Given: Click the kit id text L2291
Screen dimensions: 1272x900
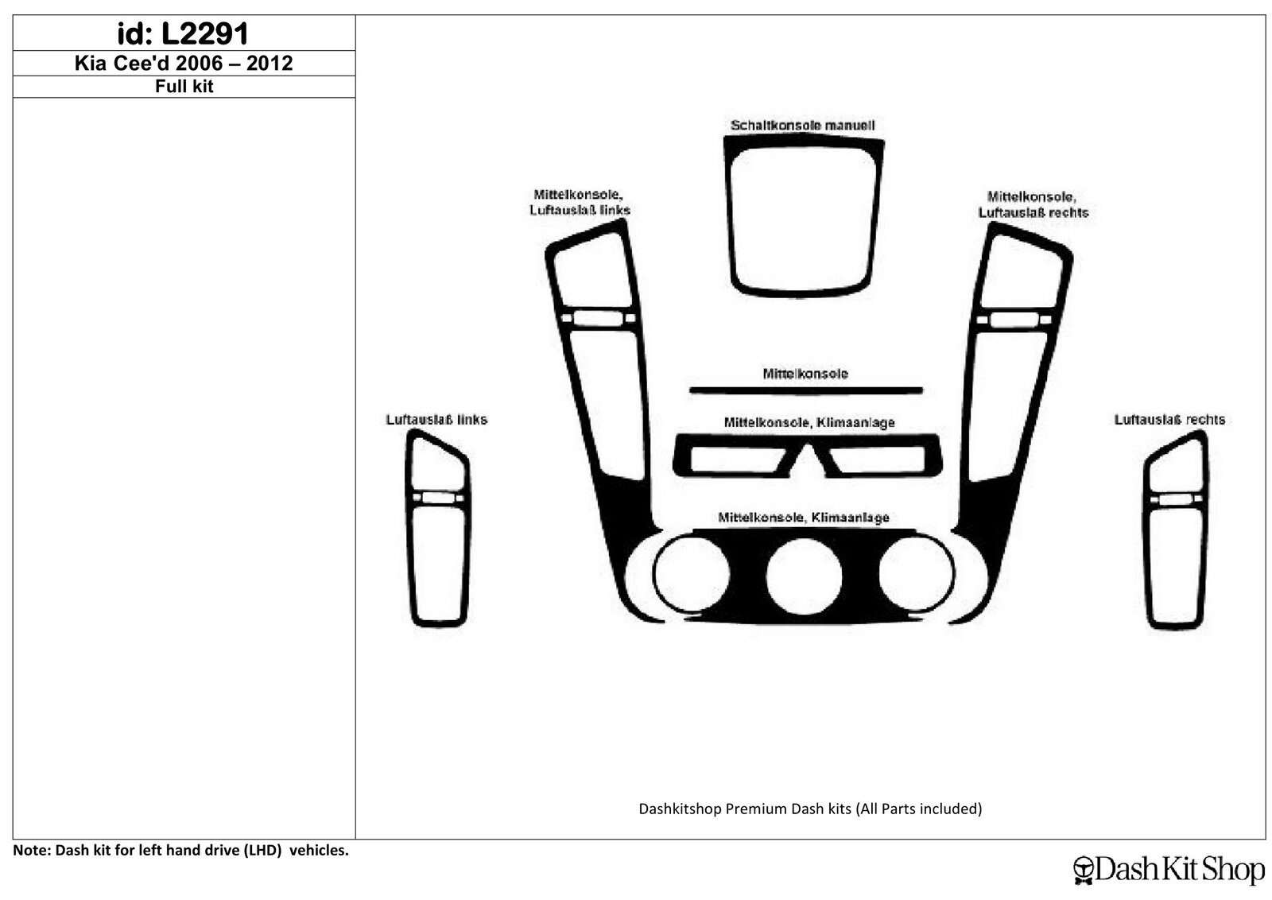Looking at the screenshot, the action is coord(205,33).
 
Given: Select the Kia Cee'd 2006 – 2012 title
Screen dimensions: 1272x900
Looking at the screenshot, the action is coord(184,63).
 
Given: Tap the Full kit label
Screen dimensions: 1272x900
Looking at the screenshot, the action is coord(184,87).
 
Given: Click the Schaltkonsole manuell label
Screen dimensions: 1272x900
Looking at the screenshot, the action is coord(802,126).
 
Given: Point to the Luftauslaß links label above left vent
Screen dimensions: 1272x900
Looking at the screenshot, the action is coord(436,420).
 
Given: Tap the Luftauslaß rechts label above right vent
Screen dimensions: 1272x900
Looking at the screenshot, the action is coord(1169,420).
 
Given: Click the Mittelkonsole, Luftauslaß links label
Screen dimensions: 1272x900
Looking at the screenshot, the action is coord(580,203).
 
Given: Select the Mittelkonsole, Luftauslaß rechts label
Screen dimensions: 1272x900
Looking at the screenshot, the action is coord(1033,204).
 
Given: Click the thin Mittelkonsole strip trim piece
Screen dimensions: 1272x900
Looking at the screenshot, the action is coord(806,390).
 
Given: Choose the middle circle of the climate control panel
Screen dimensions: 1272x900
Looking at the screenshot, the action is coord(804,576).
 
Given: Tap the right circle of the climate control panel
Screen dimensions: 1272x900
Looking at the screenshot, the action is coord(917,573).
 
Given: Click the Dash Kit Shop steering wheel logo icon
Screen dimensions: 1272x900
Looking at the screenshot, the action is coord(1084,870).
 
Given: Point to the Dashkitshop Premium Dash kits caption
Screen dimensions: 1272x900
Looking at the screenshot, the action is coord(810,809).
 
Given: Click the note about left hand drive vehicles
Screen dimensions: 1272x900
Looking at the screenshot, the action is coord(180,850).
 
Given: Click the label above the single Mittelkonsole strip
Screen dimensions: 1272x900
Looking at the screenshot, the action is coord(805,374).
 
